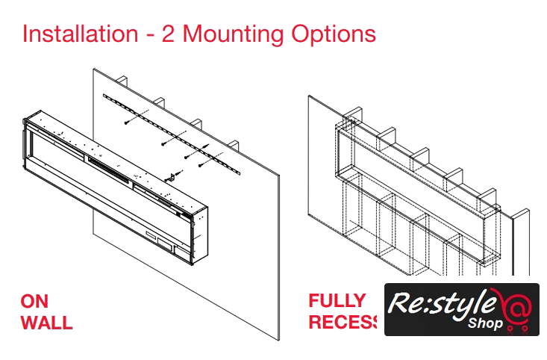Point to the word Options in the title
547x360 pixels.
point(334,34)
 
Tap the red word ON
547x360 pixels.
point(35,302)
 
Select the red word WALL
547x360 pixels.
point(46,323)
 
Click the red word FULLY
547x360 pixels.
point(337,302)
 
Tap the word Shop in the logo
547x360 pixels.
point(485,324)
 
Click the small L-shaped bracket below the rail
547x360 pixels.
point(172,176)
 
